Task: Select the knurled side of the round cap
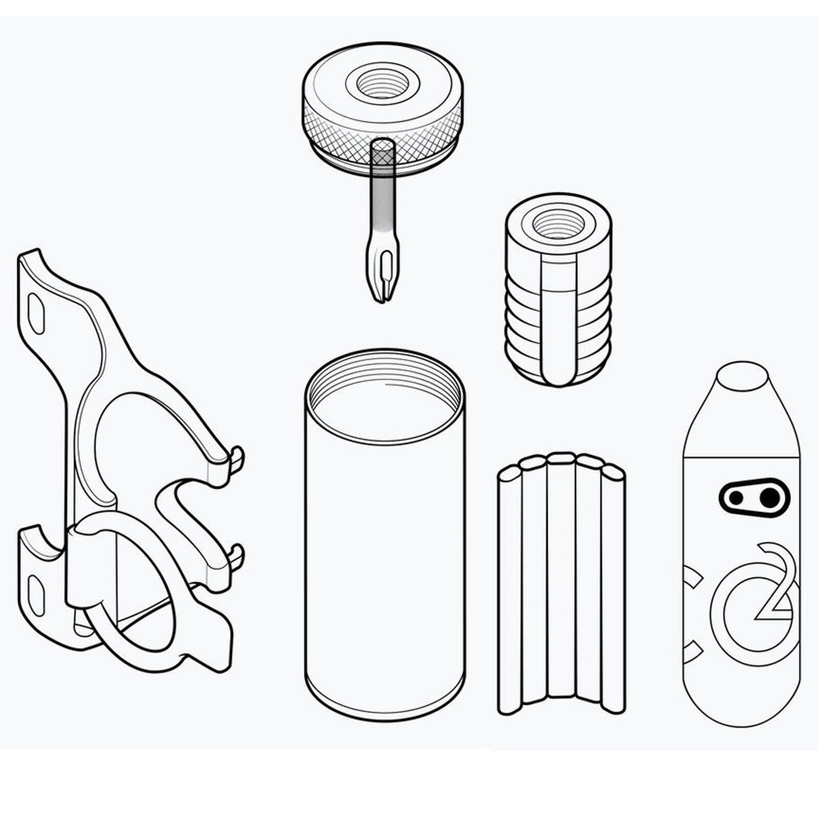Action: coord(382,135)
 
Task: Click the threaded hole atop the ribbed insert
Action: coord(558,224)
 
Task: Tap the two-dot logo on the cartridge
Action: coord(754,497)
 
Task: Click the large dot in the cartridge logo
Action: coord(769,497)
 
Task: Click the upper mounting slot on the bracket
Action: coord(36,313)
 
